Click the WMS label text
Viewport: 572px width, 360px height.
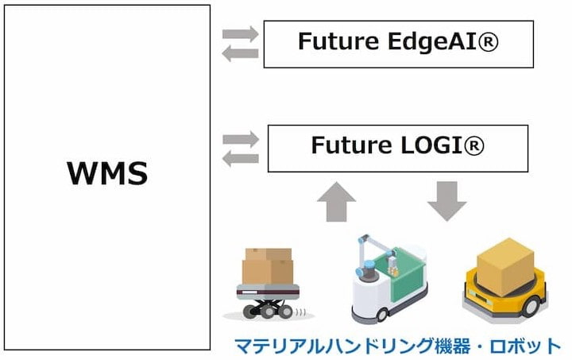106,172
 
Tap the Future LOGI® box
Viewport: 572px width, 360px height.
398,148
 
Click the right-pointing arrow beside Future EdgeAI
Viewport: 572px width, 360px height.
240,34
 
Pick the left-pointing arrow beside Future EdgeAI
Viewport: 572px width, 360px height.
240,53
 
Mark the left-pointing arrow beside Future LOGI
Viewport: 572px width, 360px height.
240,158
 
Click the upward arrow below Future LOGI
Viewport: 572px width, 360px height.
337,202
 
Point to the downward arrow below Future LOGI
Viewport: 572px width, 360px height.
447,201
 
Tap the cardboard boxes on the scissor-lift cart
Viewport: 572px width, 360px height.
268,265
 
